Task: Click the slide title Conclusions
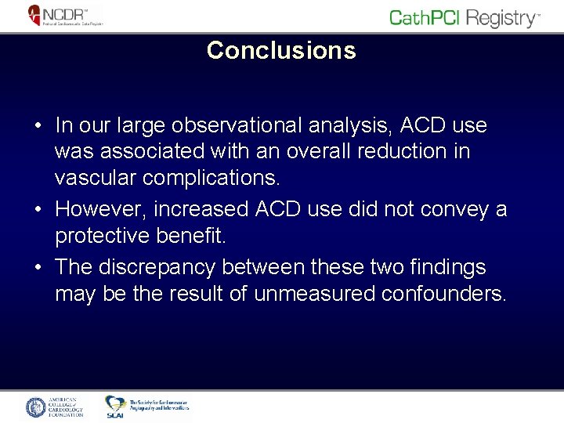(281, 51)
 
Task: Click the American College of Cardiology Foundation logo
(55, 407)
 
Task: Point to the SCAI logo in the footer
(147, 407)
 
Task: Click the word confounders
(444, 294)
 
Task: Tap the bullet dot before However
(37, 210)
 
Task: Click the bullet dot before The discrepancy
(37, 267)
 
